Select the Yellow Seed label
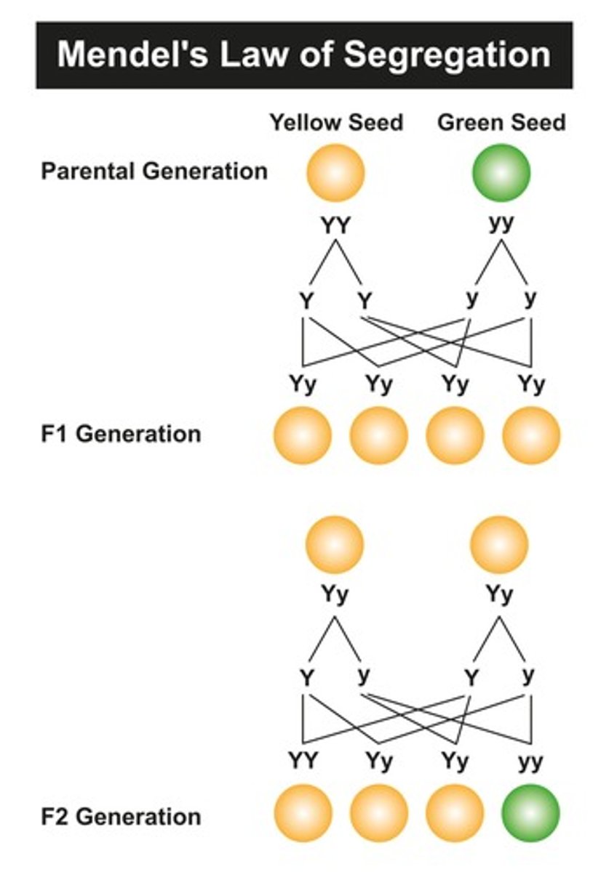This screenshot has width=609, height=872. point(336,122)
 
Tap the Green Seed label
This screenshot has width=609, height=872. point(501,122)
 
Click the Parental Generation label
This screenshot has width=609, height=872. point(154,171)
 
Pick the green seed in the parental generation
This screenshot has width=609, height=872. point(501,173)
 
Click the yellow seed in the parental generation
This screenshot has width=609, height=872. point(335,173)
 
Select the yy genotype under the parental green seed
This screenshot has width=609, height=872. point(501,223)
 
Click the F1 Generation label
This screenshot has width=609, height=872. point(120,434)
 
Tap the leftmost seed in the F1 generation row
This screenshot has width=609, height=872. point(303,435)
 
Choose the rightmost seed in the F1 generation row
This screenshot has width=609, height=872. point(532,435)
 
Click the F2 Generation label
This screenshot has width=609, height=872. point(120,816)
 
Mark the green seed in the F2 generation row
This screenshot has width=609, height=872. point(531,812)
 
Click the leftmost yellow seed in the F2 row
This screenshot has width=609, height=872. point(303,812)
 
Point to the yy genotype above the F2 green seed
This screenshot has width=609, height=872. point(531,762)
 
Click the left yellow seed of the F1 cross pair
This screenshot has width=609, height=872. point(335,545)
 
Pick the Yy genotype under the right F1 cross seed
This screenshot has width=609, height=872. point(499,595)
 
